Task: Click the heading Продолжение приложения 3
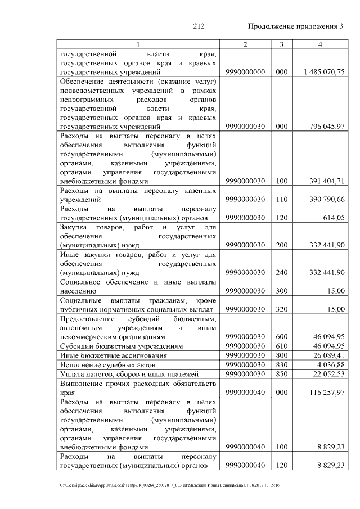[295, 26]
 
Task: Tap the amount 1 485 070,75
[323, 73]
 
